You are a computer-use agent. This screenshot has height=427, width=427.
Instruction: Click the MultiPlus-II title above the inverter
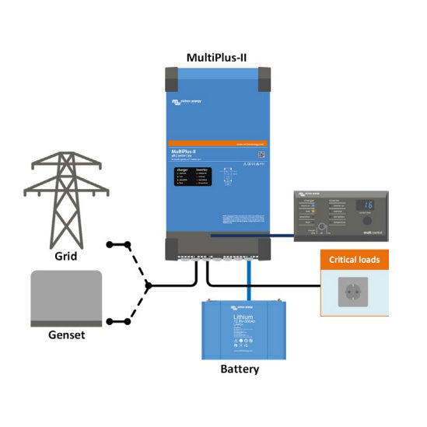pyautogui.click(x=218, y=57)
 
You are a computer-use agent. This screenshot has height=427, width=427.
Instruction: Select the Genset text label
pyautogui.click(x=65, y=335)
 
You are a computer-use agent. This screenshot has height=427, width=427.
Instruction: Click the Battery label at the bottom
pyautogui.click(x=239, y=369)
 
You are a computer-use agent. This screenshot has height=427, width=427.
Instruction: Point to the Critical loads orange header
pyautogui.click(x=355, y=259)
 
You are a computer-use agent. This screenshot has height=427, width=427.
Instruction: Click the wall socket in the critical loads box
pyautogui.click(x=354, y=293)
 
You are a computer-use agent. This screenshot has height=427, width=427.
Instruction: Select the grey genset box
pyautogui.click(x=65, y=298)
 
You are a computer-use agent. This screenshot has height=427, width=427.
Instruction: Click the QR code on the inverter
pyautogui.click(x=261, y=154)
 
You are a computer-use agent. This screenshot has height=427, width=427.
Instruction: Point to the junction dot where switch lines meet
pyautogui.click(x=148, y=285)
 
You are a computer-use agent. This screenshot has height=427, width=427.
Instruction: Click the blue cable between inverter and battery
pyautogui.click(x=249, y=280)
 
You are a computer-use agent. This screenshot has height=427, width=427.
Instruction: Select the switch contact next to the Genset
pyautogui.click(x=110, y=320)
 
